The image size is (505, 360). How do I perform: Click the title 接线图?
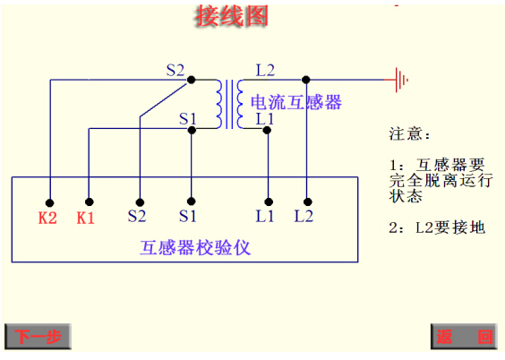(x=232, y=15)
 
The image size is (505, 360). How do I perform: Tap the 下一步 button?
(x=38, y=337)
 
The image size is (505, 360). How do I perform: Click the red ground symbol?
(x=400, y=79)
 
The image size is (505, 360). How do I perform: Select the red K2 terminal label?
(x=47, y=217)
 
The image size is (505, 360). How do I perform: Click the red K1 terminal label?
(x=86, y=217)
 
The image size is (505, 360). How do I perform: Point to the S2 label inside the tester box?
(x=137, y=217)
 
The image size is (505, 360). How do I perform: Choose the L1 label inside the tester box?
(x=265, y=217)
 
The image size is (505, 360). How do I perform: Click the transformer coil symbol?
(x=229, y=103)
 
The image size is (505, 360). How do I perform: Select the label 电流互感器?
(x=296, y=101)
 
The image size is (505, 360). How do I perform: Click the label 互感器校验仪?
(x=194, y=247)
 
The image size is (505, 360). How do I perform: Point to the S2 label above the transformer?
(x=175, y=69)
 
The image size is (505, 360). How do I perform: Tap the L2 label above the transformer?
(x=265, y=69)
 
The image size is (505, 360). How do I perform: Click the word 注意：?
(x=409, y=134)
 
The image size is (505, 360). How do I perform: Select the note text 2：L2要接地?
(x=437, y=227)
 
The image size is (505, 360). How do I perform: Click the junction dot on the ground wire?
(x=306, y=79)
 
